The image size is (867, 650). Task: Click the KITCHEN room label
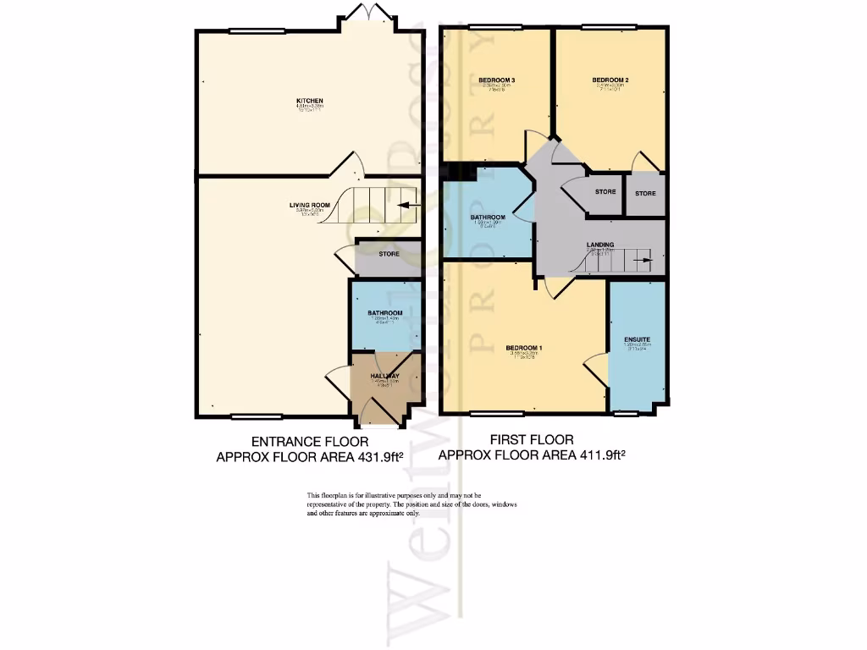click(309, 101)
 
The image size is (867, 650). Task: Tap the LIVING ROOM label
click(309, 205)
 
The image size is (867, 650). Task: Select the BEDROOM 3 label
click(497, 80)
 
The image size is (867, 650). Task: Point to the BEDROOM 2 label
click(610, 80)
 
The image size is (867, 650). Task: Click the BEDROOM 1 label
click(523, 348)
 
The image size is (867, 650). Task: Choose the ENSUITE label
click(637, 339)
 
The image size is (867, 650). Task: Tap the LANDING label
click(600, 245)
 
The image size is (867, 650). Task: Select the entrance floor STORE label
click(389, 253)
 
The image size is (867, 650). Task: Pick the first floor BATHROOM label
click(488, 218)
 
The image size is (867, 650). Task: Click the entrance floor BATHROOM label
click(384, 313)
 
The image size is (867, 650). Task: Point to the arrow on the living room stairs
click(404, 206)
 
